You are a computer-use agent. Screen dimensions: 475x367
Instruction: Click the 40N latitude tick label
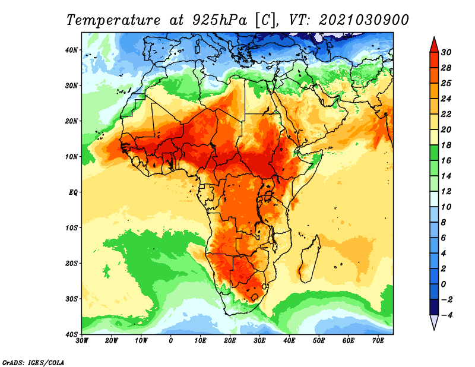pos(71,50)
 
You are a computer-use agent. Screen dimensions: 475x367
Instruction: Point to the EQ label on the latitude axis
pos(73,192)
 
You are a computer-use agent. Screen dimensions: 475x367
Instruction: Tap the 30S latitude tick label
pos(71,299)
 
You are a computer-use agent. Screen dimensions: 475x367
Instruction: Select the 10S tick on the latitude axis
pos(71,227)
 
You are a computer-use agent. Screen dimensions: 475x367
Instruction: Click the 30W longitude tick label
pos(82,340)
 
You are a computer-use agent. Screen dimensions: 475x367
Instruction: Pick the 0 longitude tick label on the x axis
pos(171,340)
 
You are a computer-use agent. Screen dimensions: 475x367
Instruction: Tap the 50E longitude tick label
pos(319,340)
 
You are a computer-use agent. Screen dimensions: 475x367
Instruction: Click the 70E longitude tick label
pos(378,340)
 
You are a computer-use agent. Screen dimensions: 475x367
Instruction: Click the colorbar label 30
pos(446,52)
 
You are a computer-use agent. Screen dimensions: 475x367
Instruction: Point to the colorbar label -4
pos(446,315)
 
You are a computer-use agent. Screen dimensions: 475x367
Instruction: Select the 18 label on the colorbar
pos(446,145)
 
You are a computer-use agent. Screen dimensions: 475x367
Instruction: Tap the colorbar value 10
pos(446,207)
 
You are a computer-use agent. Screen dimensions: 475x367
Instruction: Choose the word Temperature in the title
pos(113,20)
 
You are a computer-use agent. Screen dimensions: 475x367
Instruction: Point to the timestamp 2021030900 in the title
pos(363,20)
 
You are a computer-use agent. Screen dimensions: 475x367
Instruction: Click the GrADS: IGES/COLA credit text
pos(33,362)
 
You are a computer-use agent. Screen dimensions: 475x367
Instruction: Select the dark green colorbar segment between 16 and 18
pos(434,153)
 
